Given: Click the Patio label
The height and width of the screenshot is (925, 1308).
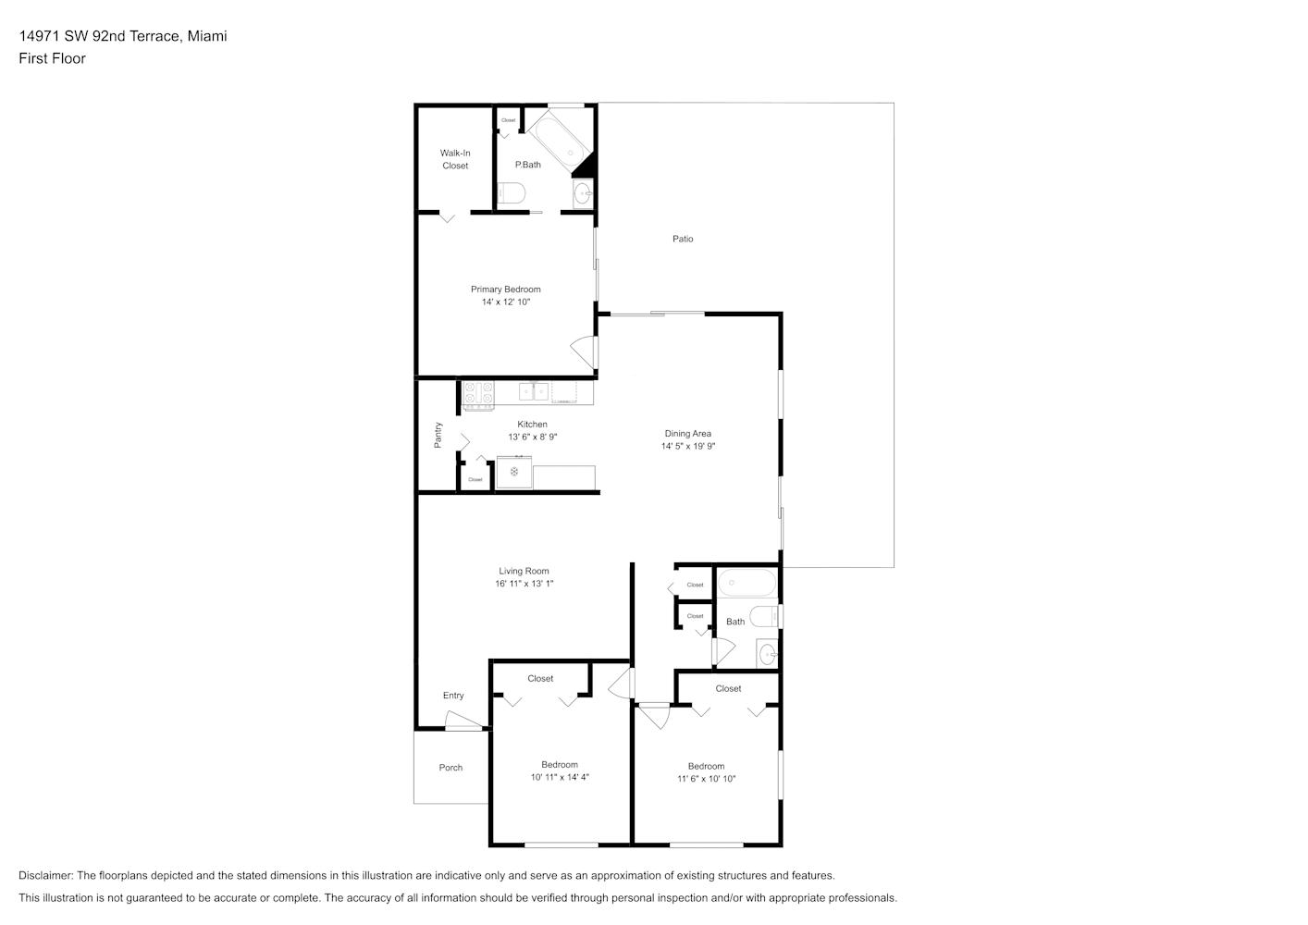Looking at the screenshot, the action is click(x=683, y=239).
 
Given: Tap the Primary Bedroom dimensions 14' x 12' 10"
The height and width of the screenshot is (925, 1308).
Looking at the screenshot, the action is click(x=506, y=302).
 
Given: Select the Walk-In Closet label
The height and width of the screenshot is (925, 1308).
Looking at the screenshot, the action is click(x=455, y=159).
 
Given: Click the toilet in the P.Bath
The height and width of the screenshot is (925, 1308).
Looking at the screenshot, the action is click(x=511, y=192).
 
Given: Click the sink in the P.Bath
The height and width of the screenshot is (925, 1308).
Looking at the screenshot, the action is click(x=583, y=193).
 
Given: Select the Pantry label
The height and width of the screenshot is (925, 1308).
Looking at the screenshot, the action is click(x=438, y=435).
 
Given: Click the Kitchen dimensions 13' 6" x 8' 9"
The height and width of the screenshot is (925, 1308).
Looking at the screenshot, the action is click(x=533, y=437).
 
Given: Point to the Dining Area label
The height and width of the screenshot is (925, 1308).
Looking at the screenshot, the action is click(x=688, y=433).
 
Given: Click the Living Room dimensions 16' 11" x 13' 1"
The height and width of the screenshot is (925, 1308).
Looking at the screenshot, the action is click(x=524, y=584).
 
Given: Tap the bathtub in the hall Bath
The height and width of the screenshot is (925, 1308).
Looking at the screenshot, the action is click(x=747, y=583).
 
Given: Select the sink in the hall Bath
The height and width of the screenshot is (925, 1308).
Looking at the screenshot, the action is click(x=767, y=654).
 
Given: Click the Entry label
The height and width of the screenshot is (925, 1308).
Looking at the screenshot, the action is click(x=453, y=696).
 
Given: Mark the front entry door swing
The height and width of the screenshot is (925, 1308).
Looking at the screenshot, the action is click(x=464, y=721).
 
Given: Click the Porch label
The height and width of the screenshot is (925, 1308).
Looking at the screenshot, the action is click(x=450, y=768).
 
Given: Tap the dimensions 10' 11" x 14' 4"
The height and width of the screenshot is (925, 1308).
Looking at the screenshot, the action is click(x=560, y=777).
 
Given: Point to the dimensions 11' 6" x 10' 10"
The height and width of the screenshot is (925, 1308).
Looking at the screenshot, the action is click(x=706, y=779).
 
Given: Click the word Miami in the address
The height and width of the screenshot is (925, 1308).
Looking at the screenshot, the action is click(x=207, y=36).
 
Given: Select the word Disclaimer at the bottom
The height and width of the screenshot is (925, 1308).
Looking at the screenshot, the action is click(x=45, y=875).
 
